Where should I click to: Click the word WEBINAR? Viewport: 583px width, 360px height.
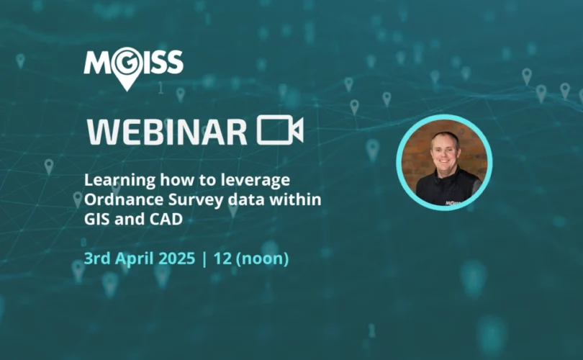[x=167, y=132]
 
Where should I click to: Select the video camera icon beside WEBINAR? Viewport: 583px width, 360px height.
[x=280, y=130]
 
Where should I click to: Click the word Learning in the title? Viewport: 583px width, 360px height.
[x=119, y=181]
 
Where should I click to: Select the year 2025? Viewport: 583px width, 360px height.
[x=177, y=258]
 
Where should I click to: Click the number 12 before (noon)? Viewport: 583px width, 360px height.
[x=222, y=258]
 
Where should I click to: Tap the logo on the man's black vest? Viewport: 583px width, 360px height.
[x=453, y=203]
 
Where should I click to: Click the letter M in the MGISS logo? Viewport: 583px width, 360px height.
[x=97, y=62]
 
